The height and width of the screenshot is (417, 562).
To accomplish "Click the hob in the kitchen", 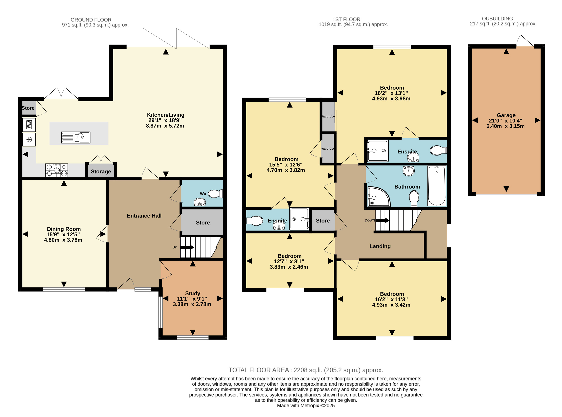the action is point(57,170).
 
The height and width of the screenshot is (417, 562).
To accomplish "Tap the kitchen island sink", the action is point(76,138).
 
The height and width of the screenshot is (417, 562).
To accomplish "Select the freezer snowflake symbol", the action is point(29,139).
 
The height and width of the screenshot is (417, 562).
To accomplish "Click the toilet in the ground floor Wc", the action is point(215,194).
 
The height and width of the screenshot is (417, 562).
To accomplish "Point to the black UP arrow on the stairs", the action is point(187,247).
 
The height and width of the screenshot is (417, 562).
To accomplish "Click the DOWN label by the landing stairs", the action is point(370,220).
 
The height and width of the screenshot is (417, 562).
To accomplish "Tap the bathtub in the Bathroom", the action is point(437,186).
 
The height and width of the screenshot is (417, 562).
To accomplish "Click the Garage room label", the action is point(506,115).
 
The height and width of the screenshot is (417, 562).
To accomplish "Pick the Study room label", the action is point(193,293).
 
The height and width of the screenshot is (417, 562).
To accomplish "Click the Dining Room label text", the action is point(64,229).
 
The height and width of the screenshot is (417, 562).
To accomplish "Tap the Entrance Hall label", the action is point(144,216).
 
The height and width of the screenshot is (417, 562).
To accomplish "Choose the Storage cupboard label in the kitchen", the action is point(101,172).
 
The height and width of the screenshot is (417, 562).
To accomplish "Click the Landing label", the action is point(380,246).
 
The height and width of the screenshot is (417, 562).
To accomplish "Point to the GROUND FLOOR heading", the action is point(91,20).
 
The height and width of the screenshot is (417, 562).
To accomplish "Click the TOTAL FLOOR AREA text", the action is point(306,370).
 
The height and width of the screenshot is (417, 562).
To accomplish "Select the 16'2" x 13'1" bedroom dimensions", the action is point(391,93).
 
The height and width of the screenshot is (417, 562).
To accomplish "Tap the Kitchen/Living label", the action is point(166,115).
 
